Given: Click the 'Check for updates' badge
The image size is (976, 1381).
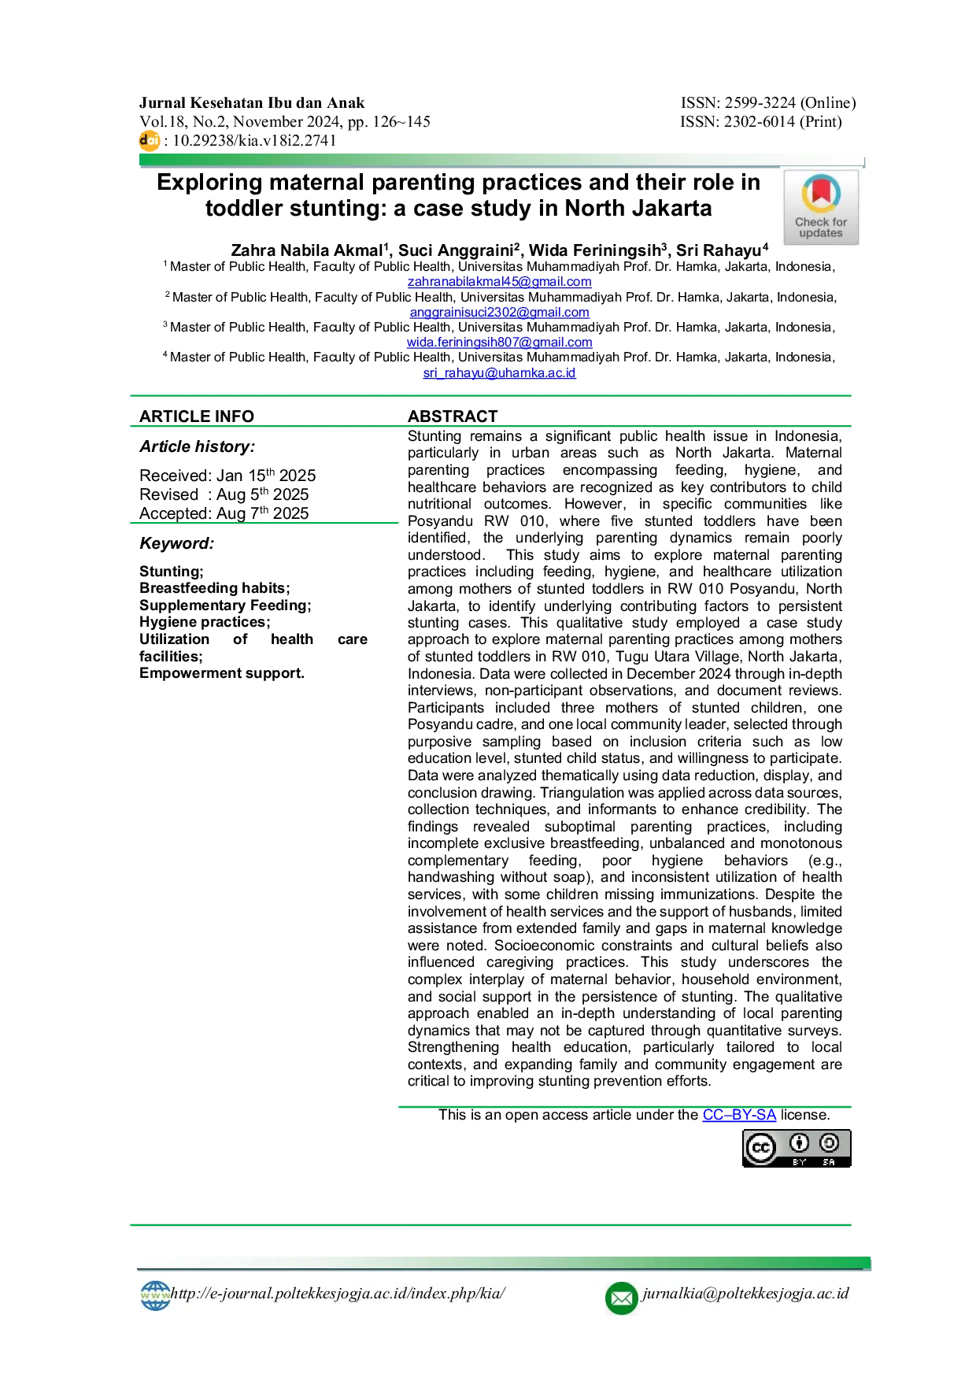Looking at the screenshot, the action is (821, 208).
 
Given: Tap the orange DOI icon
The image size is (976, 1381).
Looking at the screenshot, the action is (149, 141).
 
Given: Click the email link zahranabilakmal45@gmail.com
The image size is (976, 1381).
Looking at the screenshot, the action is (499, 281).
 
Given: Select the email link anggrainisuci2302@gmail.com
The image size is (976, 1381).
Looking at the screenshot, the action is (499, 312).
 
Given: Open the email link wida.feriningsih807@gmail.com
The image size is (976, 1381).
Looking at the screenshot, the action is (499, 342).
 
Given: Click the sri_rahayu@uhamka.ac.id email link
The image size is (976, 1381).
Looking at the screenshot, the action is (499, 372).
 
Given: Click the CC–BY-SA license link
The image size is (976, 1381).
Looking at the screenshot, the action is (739, 1115).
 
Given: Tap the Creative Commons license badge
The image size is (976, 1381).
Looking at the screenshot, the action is (797, 1148).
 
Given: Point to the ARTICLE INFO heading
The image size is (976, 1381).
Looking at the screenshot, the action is (197, 417).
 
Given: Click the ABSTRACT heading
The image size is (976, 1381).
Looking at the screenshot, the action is (453, 417).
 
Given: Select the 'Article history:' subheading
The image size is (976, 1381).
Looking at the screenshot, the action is (198, 446).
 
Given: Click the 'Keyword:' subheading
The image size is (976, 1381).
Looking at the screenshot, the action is (177, 543).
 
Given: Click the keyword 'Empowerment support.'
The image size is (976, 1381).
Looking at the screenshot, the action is (222, 673).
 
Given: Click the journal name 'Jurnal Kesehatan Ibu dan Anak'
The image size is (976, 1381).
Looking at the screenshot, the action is (252, 103).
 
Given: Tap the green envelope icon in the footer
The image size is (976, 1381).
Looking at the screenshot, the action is (621, 1298).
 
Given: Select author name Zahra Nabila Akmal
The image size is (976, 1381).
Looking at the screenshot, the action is (307, 250).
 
